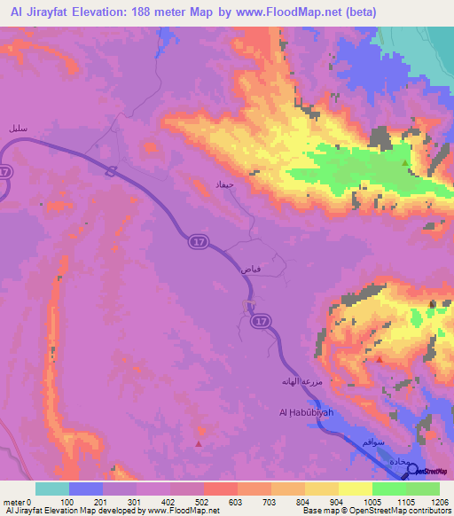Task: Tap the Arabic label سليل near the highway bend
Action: pyautogui.click(x=17, y=129)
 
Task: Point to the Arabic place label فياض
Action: pyautogui.click(x=249, y=265)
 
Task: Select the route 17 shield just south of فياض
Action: pyautogui.click(x=259, y=321)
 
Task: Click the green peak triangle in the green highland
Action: pyautogui.click(x=406, y=163)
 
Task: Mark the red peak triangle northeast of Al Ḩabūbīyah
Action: pyautogui.click(x=380, y=359)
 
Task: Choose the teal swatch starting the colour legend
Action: pyautogui.click(x=52, y=489)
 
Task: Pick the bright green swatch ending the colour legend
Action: pyautogui.click(x=422, y=489)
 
